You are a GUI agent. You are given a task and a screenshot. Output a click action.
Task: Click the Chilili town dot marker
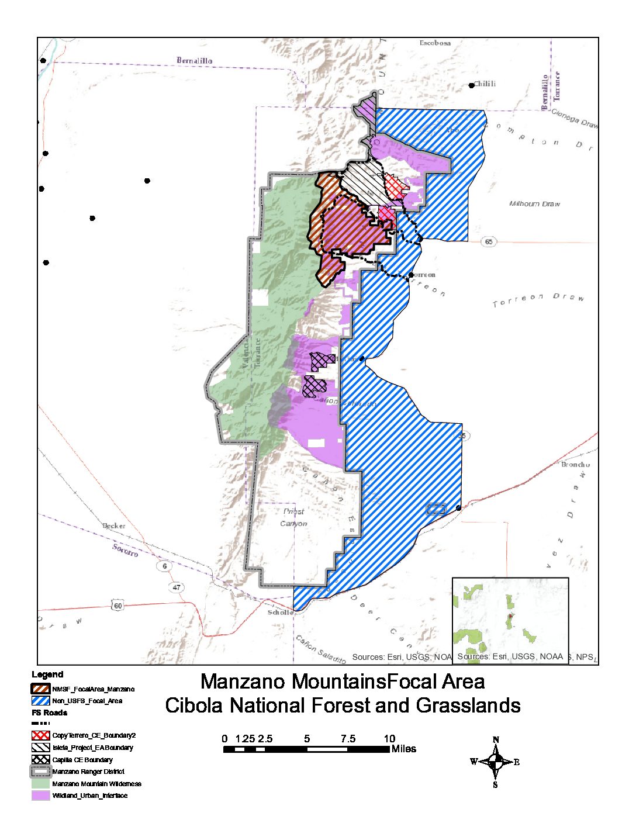coord(472,85)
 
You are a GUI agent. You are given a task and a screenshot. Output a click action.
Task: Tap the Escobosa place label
coord(435,43)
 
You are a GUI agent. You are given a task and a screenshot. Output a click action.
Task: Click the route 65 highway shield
coord(489,242)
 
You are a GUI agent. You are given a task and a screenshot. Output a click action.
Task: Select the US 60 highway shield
coord(118,606)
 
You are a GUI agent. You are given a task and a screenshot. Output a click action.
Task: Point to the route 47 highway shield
coord(177,587)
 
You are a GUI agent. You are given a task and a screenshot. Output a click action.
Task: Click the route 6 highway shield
coord(165,566)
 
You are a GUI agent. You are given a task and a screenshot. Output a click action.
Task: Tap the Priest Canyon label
coord(293,517)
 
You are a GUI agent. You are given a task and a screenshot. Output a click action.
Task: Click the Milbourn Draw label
coord(534,204)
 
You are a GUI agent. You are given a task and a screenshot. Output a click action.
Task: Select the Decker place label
coord(114,525)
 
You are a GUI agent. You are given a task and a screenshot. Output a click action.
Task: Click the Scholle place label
coord(281,612)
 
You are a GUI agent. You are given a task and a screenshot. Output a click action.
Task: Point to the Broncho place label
coord(575,465)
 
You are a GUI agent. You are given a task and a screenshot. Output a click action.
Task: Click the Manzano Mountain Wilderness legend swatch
coord(40,783)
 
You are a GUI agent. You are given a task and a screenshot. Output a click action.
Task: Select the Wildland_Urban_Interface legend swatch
coord(40,796)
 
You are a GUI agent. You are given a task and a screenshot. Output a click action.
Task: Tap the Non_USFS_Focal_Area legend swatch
coord(40,700)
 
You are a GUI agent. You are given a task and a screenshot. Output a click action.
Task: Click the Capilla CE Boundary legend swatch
coord(40,759)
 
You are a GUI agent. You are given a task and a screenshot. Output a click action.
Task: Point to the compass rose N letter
coord(496,740)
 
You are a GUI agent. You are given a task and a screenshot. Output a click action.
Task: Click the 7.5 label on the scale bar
coord(348,738)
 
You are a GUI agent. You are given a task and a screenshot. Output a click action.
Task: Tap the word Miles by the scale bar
coord(404,749)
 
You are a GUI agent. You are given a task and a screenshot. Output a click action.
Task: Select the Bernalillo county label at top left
coord(195,60)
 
